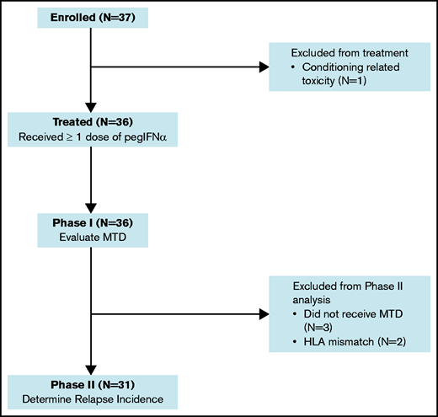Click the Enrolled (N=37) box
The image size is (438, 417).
[89, 18]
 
